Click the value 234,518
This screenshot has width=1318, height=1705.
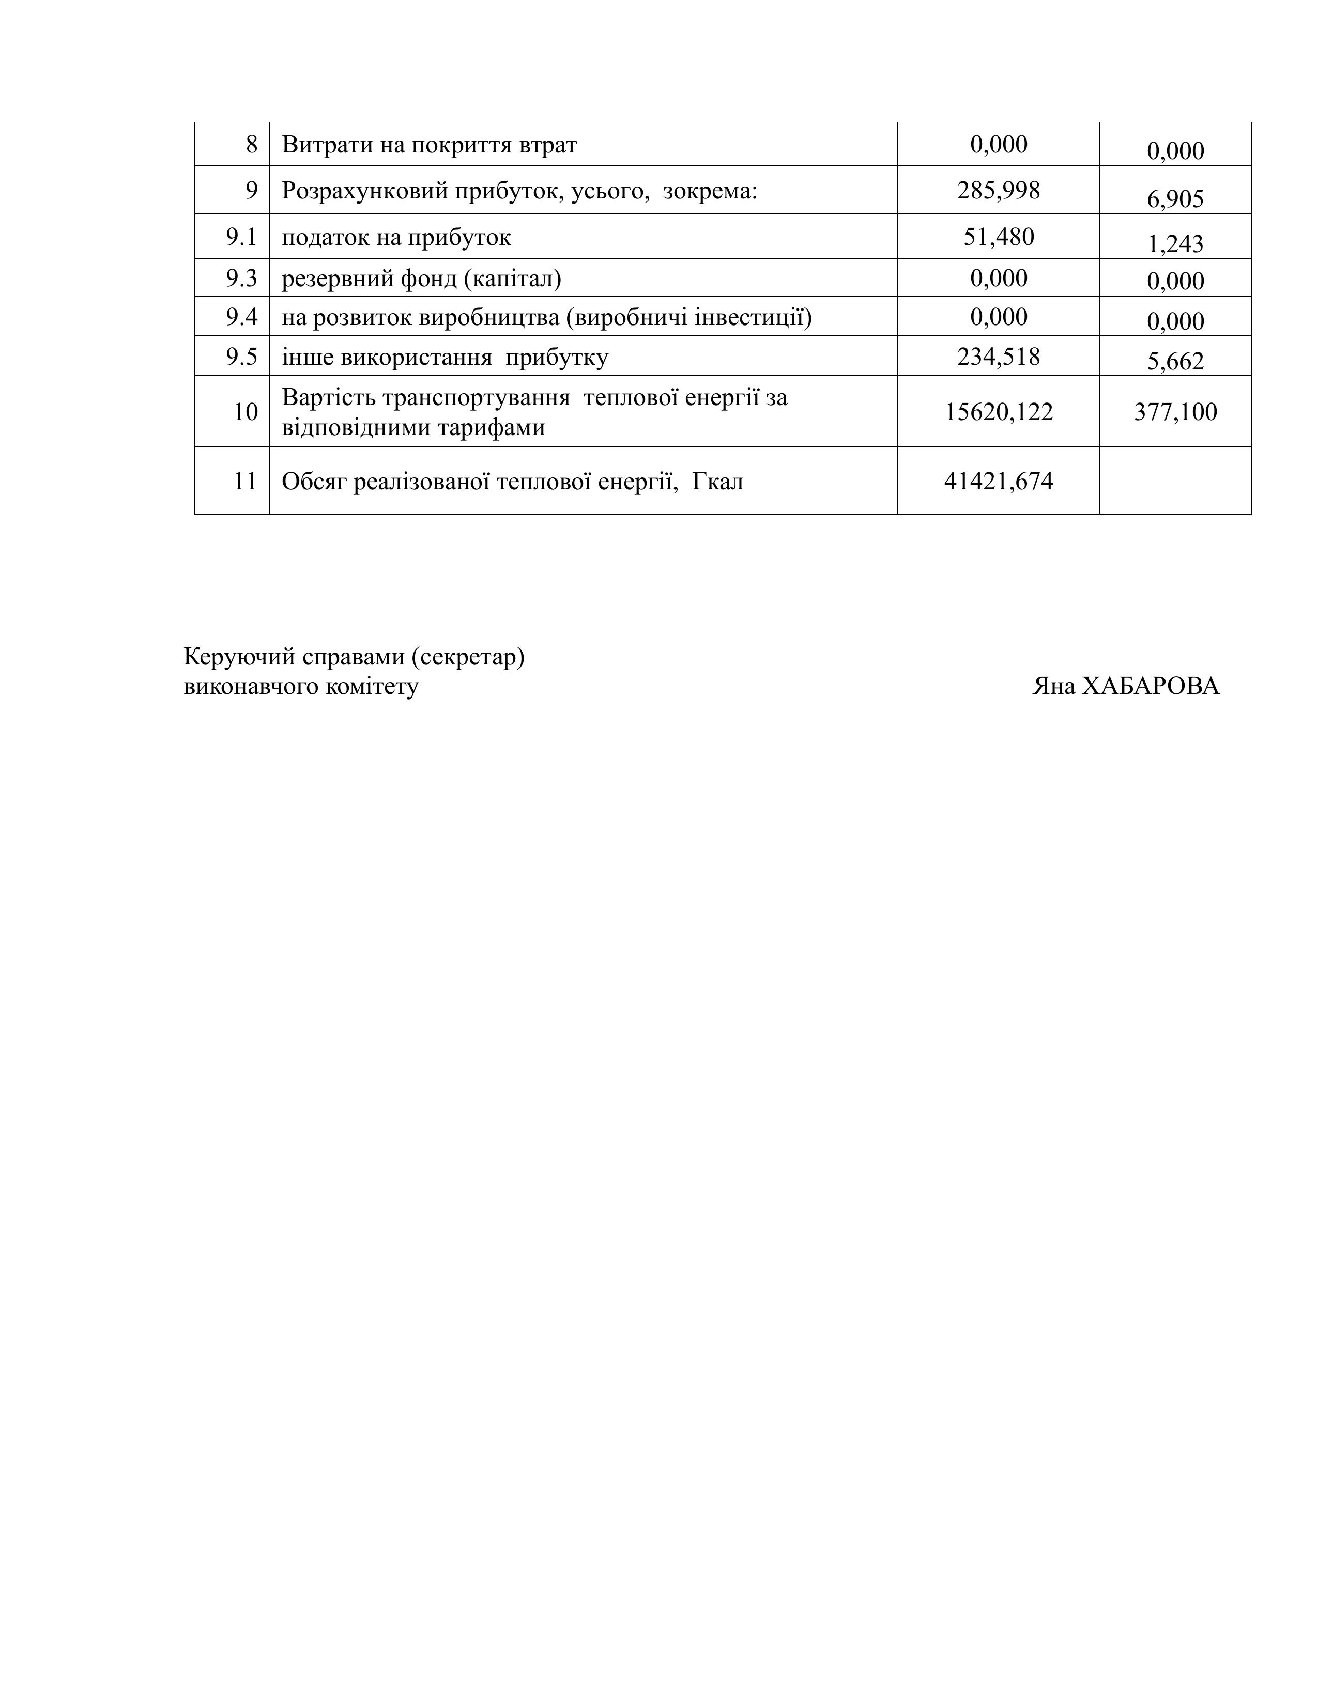(998, 357)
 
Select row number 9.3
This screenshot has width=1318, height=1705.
(241, 278)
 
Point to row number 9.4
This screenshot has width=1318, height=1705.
(241, 317)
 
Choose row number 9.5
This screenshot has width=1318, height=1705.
(241, 357)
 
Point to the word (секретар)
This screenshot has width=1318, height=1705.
(467, 657)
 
